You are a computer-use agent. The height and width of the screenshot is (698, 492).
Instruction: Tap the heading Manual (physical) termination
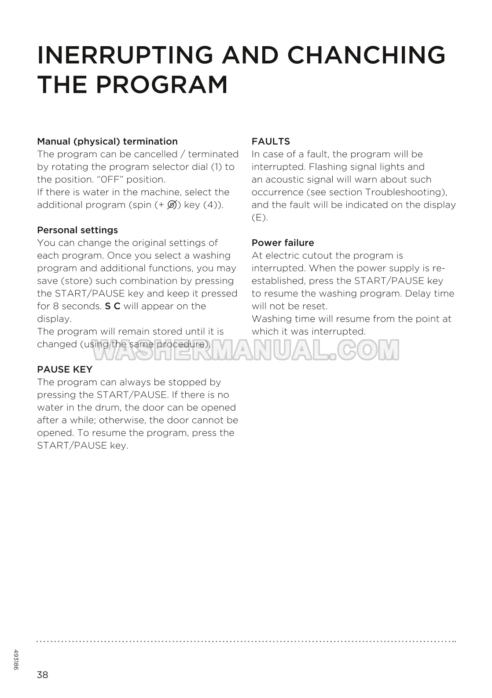click(x=107, y=142)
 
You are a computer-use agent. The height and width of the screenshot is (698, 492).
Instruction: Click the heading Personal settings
click(x=77, y=230)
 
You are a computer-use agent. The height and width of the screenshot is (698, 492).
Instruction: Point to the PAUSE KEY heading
click(x=65, y=369)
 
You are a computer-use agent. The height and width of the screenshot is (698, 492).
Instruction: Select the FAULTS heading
click(x=271, y=142)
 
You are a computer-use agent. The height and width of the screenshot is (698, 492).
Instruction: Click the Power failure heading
click(x=283, y=243)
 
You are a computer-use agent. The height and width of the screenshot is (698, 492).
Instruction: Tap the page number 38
click(x=43, y=675)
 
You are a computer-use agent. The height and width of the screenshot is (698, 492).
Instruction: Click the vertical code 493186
click(x=16, y=660)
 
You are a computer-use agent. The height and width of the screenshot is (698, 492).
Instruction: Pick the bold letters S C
click(x=113, y=306)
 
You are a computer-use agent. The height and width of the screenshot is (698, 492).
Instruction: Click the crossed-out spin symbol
click(x=172, y=205)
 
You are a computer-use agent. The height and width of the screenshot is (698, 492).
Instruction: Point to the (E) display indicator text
click(x=260, y=218)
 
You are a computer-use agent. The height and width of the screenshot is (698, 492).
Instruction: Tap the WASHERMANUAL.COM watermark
click(x=245, y=350)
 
